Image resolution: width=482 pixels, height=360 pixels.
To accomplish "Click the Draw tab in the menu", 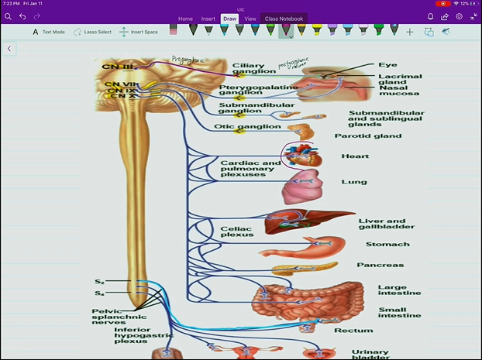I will [x=229, y=19].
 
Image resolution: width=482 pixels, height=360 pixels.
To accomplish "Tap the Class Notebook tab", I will [x=283, y=19].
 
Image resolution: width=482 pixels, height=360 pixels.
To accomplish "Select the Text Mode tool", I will [x=48, y=33].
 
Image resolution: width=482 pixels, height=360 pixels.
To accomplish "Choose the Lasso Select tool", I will [x=93, y=33].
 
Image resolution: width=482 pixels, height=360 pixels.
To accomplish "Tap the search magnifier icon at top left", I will [x=8, y=16].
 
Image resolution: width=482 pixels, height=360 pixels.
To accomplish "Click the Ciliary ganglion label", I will [x=248, y=69].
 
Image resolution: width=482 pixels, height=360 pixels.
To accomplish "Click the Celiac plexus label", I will [x=236, y=231].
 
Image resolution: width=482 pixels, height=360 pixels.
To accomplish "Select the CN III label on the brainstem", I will [x=117, y=67].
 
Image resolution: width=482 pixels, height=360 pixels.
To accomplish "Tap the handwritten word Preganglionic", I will [x=189, y=59].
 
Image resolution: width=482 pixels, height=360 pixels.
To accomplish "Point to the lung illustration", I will [x=301, y=186].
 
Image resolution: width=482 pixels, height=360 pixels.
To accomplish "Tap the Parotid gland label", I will [x=367, y=136].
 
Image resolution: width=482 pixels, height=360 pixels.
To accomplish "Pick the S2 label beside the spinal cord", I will [x=100, y=282].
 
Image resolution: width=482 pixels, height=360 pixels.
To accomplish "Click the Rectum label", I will [x=348, y=331].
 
